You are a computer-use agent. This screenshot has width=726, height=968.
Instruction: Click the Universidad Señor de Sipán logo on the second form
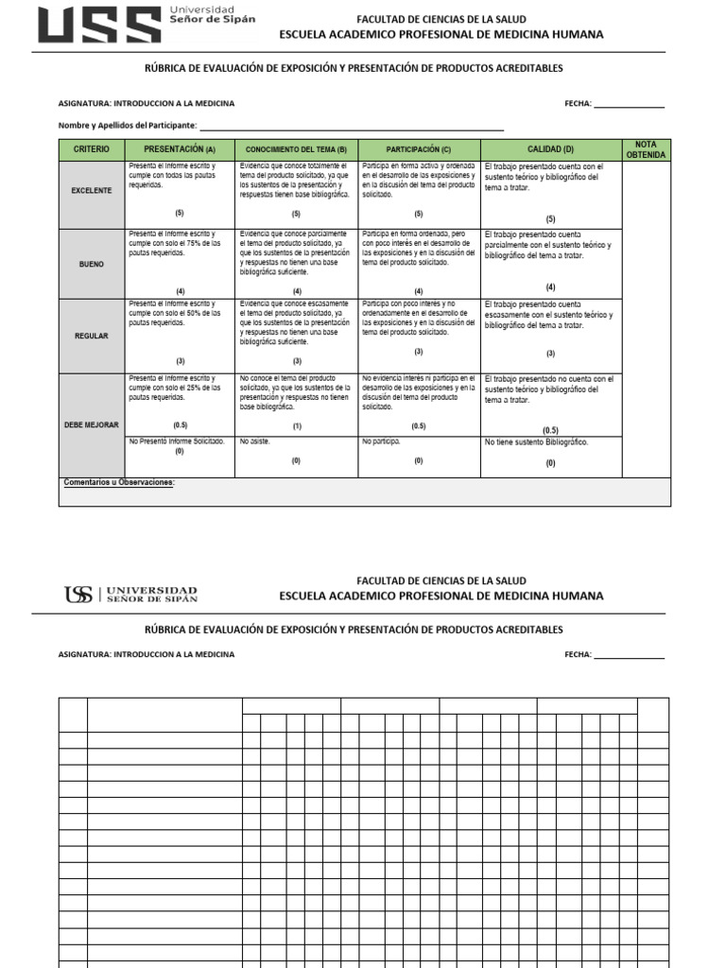[131, 595]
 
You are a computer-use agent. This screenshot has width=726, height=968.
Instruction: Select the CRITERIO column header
[91, 149]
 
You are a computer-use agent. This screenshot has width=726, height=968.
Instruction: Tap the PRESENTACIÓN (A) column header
[180, 149]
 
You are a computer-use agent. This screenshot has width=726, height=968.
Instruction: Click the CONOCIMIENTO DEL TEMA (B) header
[296, 149]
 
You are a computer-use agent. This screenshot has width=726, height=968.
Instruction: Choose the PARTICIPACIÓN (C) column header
[418, 149]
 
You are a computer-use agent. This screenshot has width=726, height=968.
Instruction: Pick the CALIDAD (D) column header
[550, 149]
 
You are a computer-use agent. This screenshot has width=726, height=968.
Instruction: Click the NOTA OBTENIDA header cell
[646, 149]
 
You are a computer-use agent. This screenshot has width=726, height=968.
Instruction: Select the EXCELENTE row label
[91, 191]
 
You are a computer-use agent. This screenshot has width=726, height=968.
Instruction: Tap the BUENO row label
[91, 265]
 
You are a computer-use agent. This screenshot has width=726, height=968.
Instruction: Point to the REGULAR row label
[91, 336]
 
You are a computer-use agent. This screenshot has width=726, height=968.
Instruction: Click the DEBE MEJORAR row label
[91, 425]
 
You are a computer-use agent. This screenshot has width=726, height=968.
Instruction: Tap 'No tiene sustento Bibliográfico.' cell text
[536, 442]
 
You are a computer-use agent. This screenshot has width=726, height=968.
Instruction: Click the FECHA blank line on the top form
[629, 104]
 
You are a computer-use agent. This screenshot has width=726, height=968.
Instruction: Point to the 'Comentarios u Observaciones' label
[119, 483]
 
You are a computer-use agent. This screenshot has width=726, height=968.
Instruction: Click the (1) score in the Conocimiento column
[296, 426]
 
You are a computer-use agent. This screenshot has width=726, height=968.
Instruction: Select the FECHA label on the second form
[578, 654]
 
